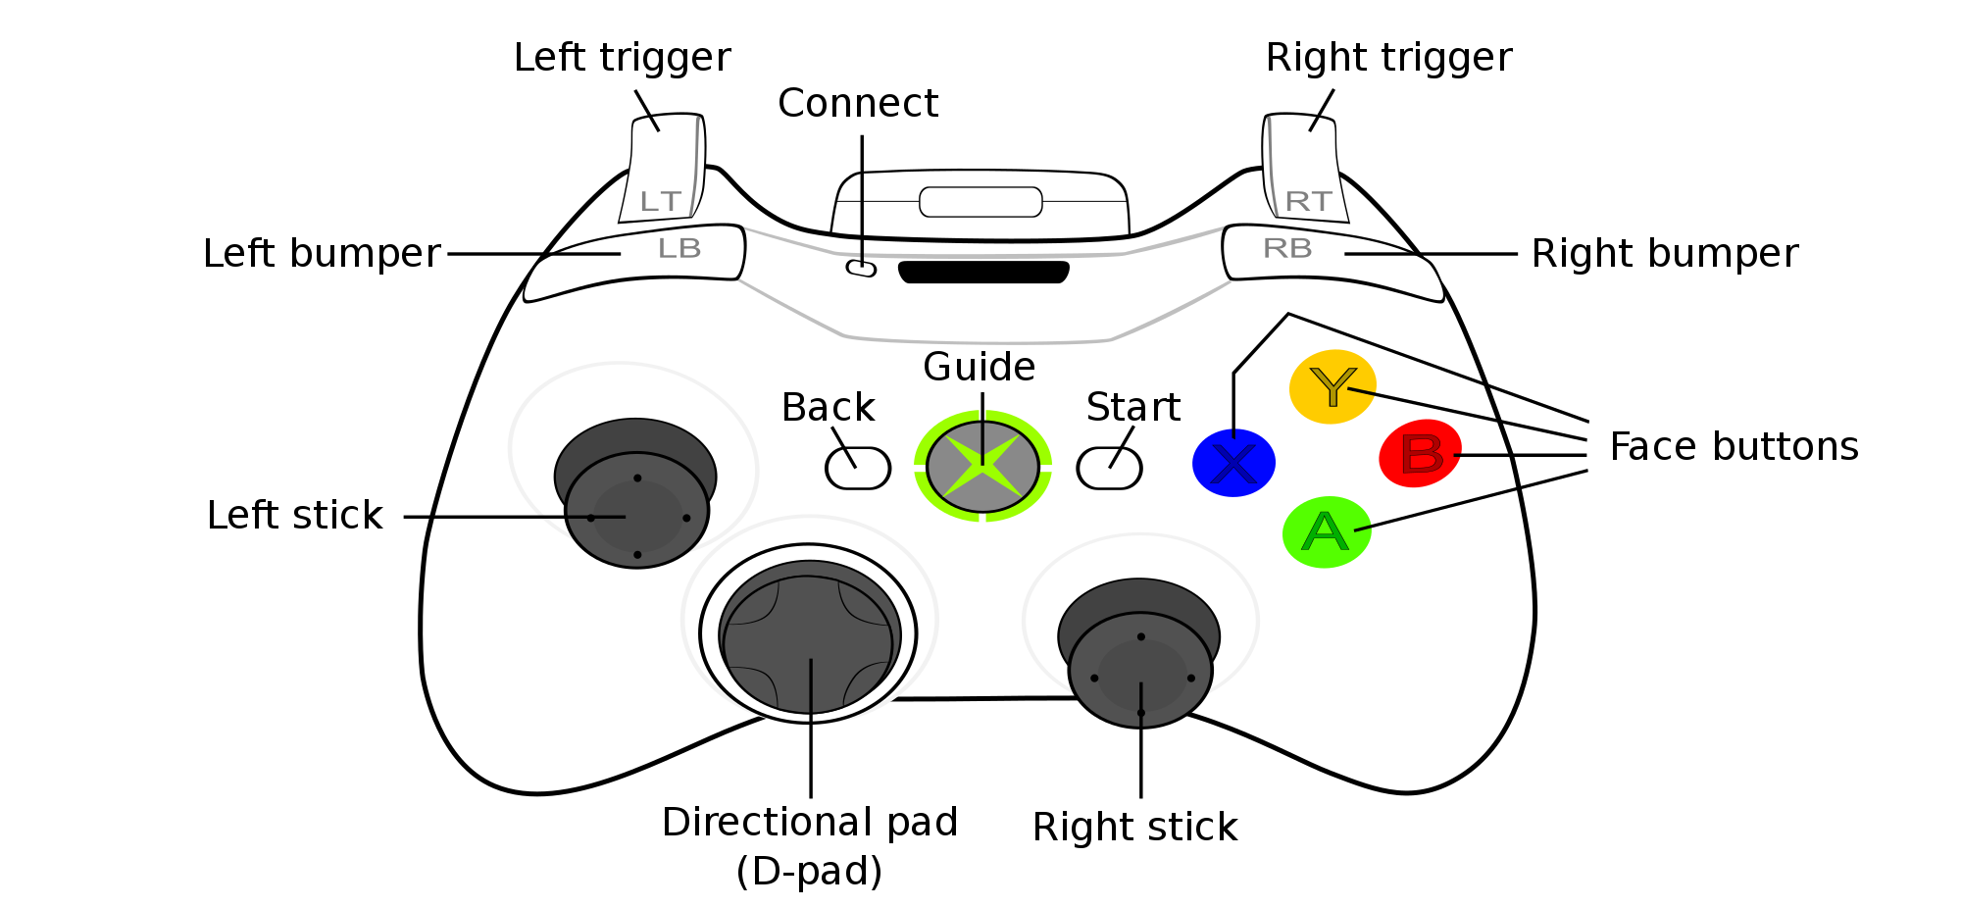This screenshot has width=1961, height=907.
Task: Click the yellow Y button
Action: click(x=1332, y=386)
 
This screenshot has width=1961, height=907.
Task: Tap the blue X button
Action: click(x=1233, y=463)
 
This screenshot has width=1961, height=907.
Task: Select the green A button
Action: click(x=1326, y=531)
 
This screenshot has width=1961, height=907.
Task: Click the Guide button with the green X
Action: click(x=982, y=466)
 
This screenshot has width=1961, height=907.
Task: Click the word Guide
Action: click(x=979, y=367)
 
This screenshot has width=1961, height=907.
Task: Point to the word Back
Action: click(x=828, y=407)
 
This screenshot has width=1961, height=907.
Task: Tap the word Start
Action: click(x=1133, y=407)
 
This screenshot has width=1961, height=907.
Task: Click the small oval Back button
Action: click(x=858, y=469)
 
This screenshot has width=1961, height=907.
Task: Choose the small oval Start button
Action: click(x=1109, y=469)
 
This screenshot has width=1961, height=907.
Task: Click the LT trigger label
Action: click(x=660, y=202)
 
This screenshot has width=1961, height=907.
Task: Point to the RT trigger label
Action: click(x=1308, y=202)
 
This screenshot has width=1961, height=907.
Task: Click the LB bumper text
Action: click(x=679, y=249)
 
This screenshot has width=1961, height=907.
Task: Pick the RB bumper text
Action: click(x=1287, y=249)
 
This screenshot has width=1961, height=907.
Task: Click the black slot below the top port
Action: click(x=983, y=273)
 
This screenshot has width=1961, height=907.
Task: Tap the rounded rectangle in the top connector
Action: click(x=980, y=202)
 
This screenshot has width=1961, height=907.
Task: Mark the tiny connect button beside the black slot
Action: click(x=861, y=268)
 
